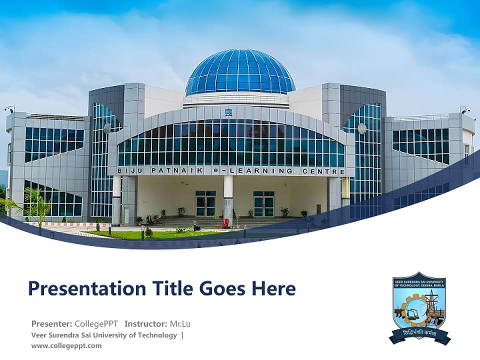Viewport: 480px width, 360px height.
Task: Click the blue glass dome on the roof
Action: point(240,72)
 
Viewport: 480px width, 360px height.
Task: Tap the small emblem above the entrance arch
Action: point(228,112)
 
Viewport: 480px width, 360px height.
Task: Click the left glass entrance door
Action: point(205,203)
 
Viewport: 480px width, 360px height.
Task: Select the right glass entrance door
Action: point(263,203)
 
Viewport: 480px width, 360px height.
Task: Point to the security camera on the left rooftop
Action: point(8,109)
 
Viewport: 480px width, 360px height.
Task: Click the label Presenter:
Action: point(51,323)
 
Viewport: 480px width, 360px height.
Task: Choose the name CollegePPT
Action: point(96,323)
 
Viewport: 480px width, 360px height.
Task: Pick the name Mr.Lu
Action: point(180,323)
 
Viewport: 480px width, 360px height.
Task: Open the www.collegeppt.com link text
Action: point(66,345)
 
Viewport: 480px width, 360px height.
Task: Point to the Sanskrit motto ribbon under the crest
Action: point(420,333)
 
